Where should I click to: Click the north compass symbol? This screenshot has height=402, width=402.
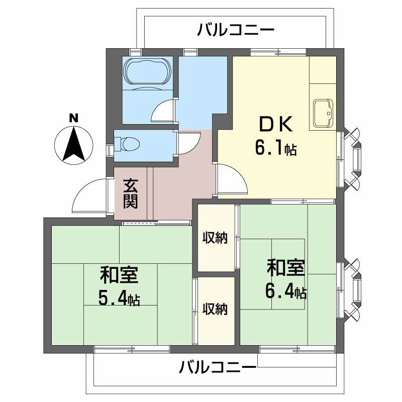(73, 144)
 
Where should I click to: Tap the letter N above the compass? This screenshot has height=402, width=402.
(73, 119)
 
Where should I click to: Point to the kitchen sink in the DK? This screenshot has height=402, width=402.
(323, 114)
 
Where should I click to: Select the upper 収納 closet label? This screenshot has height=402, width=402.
(216, 238)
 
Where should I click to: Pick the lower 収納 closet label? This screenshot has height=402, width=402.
(216, 309)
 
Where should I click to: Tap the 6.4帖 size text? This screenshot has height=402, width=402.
(285, 291)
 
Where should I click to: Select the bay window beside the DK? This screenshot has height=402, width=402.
(352, 158)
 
